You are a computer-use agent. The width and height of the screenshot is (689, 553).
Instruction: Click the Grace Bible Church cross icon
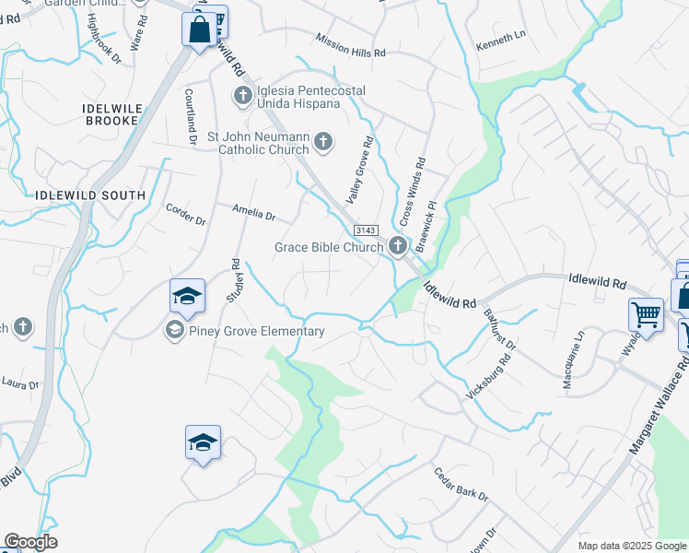397,245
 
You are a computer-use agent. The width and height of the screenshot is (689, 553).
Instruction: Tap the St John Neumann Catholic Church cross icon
322,141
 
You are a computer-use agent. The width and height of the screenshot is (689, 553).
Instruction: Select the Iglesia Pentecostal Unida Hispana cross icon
242,94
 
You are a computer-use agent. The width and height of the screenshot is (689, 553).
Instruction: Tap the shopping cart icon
646,314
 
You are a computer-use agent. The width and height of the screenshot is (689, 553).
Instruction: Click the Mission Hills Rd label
350,46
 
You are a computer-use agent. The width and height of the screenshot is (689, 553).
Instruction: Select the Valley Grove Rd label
359,159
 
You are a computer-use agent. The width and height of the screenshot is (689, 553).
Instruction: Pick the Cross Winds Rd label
412,192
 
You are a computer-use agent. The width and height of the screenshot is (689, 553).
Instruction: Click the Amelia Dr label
253,214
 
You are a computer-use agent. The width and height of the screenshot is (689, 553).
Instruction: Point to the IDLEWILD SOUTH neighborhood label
89,195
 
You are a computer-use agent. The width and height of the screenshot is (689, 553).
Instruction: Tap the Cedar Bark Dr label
461,484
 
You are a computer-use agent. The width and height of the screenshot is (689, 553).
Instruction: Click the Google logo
30,542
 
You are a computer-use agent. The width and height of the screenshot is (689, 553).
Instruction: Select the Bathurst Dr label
501,329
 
